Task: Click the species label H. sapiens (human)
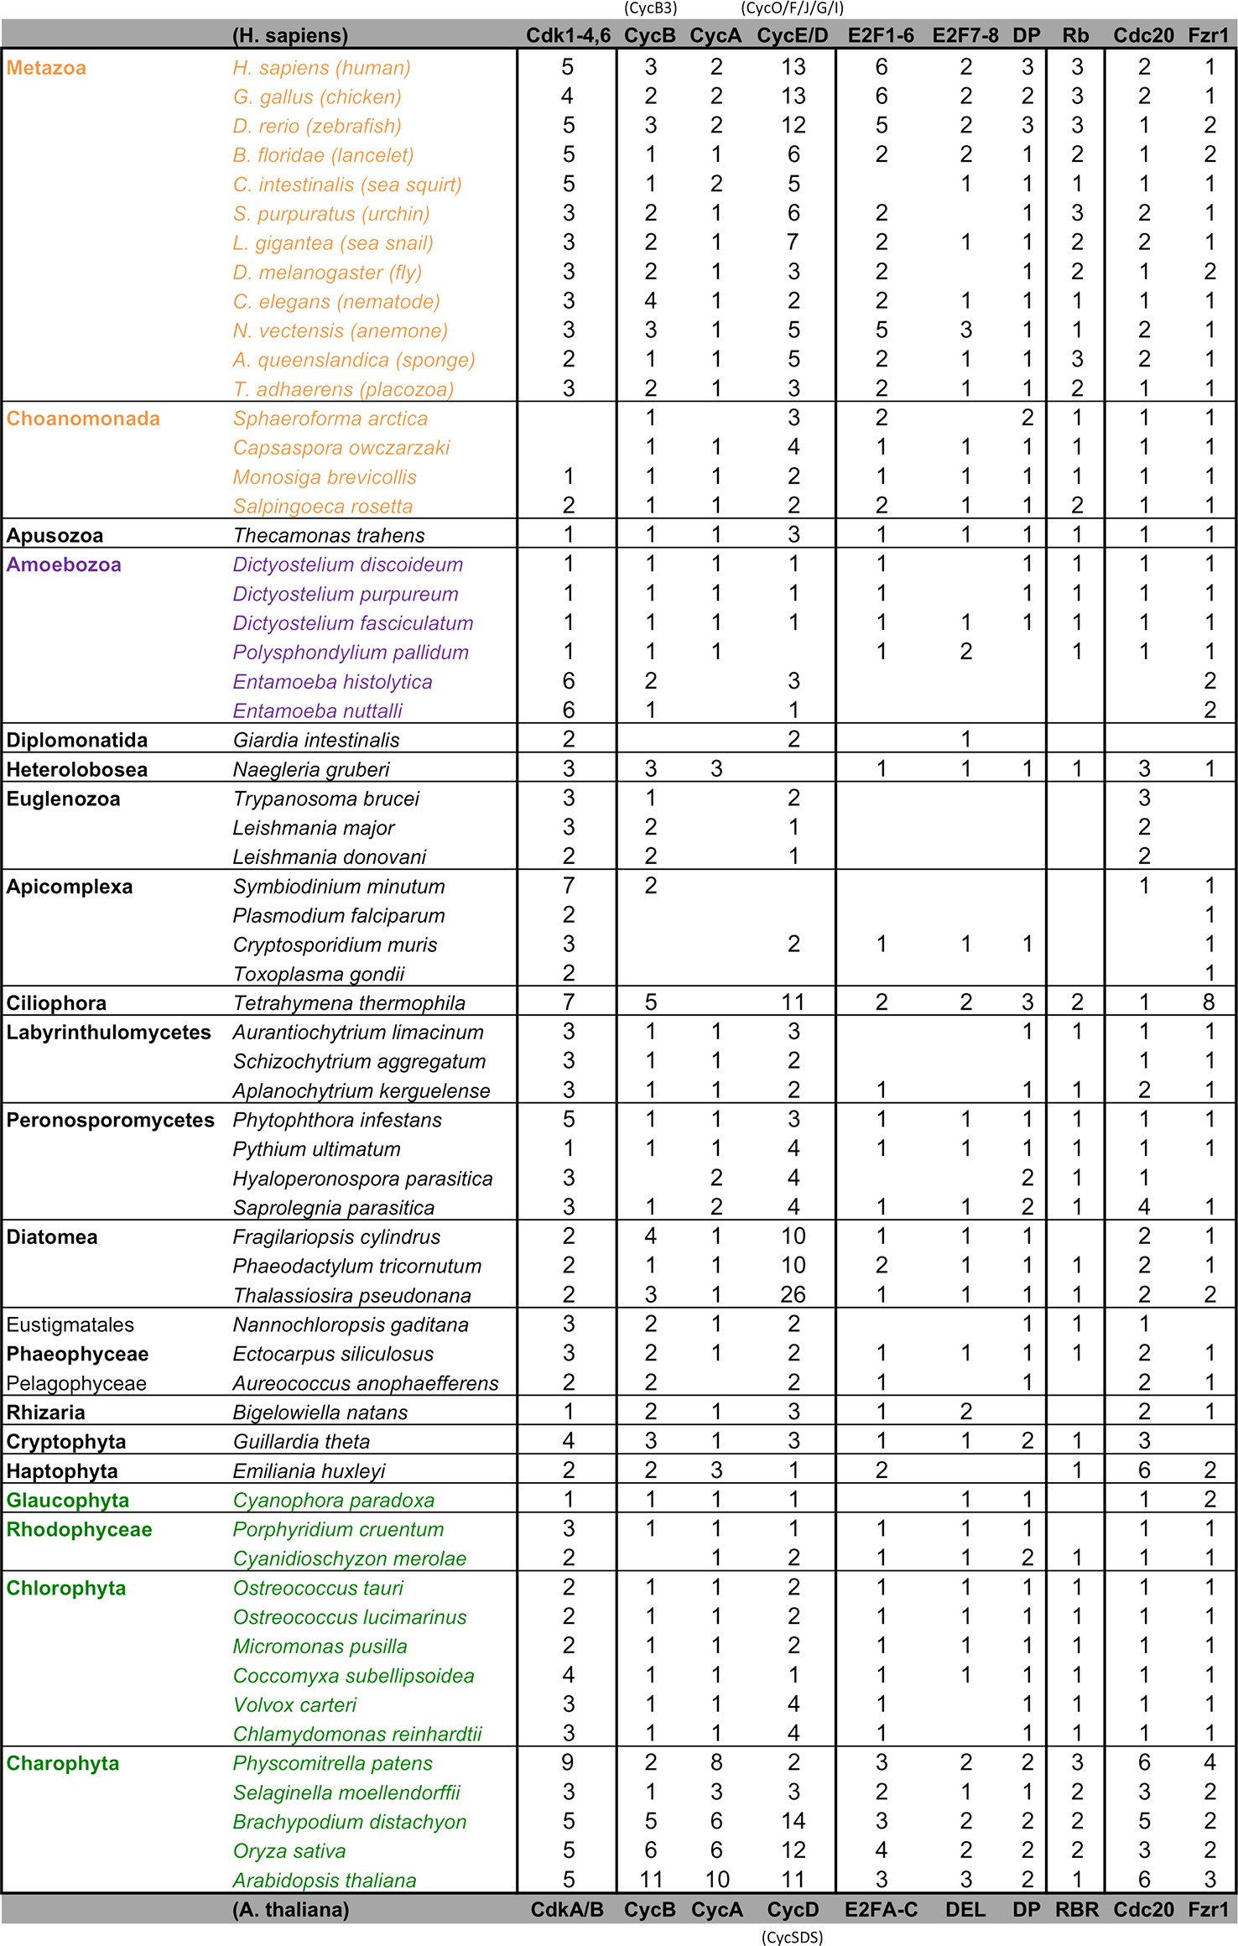pyautogui.click(x=321, y=68)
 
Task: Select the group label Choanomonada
pyautogui.click(x=83, y=419)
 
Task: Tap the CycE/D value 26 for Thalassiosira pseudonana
pyautogui.click(x=793, y=1294)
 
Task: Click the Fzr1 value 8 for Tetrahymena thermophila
pyautogui.click(x=1209, y=1002)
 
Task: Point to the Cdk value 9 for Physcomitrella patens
pyautogui.click(x=568, y=1762)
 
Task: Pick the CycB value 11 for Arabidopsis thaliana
pyautogui.click(x=651, y=1879)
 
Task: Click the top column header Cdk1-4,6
pyautogui.click(x=568, y=35)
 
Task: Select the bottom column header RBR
pyautogui.click(x=1077, y=1909)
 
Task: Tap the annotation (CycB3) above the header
pyautogui.click(x=650, y=8)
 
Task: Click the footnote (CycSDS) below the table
pyautogui.click(x=793, y=1937)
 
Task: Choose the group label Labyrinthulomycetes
pyautogui.click(x=108, y=1032)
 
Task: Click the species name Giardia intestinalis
pyautogui.click(x=316, y=740)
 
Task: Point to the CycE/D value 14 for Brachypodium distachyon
pyautogui.click(x=793, y=1821)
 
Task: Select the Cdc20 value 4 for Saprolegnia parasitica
pyautogui.click(x=1143, y=1207)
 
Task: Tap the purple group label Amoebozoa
pyautogui.click(x=64, y=565)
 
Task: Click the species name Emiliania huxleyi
pyautogui.click(x=309, y=1470)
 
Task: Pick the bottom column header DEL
pyautogui.click(x=965, y=1909)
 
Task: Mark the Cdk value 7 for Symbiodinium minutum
pyautogui.click(x=568, y=886)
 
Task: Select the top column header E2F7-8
pyautogui.click(x=965, y=35)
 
